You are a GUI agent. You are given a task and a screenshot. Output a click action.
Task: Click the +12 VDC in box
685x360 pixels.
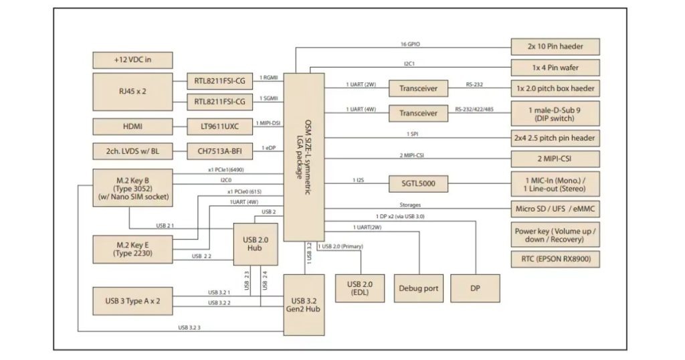pos(132,60)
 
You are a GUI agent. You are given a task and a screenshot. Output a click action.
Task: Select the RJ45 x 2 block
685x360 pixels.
pos(132,92)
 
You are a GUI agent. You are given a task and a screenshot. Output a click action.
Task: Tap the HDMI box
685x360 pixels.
pos(132,126)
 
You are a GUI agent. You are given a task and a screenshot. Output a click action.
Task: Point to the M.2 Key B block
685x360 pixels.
pos(132,188)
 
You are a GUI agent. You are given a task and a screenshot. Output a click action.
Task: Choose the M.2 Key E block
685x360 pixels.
pos(132,250)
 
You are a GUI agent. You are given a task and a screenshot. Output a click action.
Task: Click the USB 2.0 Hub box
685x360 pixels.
pos(256,242)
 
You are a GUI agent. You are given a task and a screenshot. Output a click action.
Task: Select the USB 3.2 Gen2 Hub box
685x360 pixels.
pos(304,304)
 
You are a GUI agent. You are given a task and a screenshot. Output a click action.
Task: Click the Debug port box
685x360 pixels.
pos(419,288)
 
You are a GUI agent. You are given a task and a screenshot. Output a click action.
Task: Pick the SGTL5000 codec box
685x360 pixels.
pos(419,183)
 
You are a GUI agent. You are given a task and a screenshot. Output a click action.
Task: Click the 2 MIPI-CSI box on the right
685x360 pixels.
pos(555,159)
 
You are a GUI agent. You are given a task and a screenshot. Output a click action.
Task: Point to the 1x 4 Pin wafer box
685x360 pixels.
pos(555,68)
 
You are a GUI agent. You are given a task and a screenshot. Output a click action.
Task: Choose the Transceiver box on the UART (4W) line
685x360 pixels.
pos(419,113)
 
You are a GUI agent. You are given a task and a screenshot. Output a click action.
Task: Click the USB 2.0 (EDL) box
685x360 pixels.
pos(359,288)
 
